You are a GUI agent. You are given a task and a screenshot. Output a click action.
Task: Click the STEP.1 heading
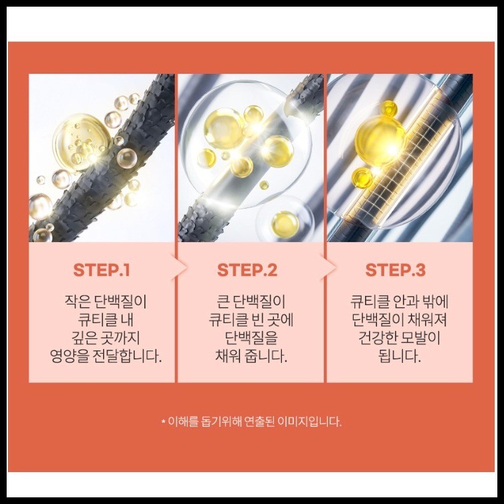[x=101, y=270]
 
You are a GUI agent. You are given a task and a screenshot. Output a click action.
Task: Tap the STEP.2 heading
[x=247, y=270]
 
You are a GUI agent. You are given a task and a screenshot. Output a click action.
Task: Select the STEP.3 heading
[x=396, y=270]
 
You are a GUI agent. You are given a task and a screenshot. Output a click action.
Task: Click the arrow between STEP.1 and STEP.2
[x=180, y=267]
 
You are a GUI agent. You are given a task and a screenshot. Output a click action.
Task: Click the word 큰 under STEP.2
[x=222, y=302]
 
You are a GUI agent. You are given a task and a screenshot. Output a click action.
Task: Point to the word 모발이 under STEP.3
[x=417, y=338]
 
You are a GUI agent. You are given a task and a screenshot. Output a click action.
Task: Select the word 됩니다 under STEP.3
[x=400, y=356]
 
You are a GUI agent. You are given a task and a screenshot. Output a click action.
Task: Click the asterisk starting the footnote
[x=164, y=421]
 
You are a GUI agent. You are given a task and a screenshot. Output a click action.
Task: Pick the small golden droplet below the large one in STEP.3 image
[x=362, y=178]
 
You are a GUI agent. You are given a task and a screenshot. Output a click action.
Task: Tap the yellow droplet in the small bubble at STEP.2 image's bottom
[x=285, y=223]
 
